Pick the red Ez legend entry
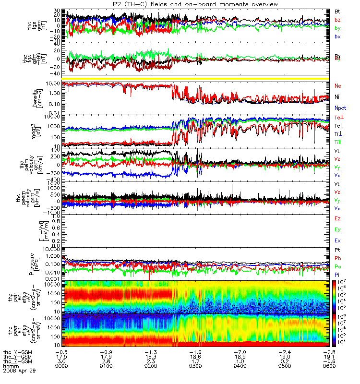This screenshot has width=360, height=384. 337,218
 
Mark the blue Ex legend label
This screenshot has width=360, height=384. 337,240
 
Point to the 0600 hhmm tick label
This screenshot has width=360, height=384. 328,366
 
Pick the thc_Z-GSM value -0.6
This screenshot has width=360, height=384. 328,361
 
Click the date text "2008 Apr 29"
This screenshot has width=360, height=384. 19,371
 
